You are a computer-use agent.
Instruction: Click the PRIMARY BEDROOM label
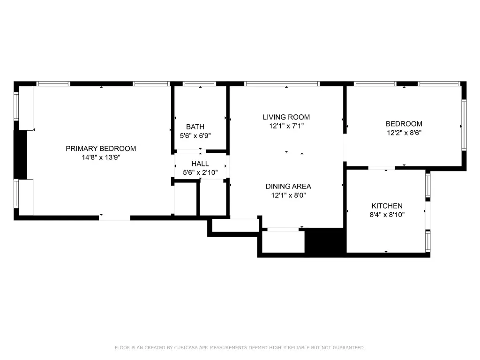(101, 149)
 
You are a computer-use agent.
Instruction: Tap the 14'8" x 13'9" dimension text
(101, 157)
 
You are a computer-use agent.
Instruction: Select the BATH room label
(195, 127)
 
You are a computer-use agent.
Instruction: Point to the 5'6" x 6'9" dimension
(195, 135)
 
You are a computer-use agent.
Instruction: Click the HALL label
(200, 164)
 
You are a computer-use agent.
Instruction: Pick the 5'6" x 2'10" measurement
(200, 172)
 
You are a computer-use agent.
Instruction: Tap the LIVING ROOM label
(286, 117)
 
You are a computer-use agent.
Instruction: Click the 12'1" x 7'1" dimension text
(286, 126)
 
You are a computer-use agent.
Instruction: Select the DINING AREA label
(288, 187)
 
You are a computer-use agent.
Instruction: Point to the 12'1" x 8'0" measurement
(288, 195)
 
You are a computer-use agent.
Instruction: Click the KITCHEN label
(387, 206)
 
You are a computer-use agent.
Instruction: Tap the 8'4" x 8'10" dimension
(387, 215)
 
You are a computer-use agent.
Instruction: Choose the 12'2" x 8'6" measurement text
(404, 133)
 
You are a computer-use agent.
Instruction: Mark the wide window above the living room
(282, 83)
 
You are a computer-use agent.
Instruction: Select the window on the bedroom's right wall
(464, 125)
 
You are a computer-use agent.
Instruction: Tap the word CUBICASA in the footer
(187, 347)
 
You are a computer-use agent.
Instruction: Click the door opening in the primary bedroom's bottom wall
(114, 218)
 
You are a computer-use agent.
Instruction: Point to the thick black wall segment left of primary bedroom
(21, 155)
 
